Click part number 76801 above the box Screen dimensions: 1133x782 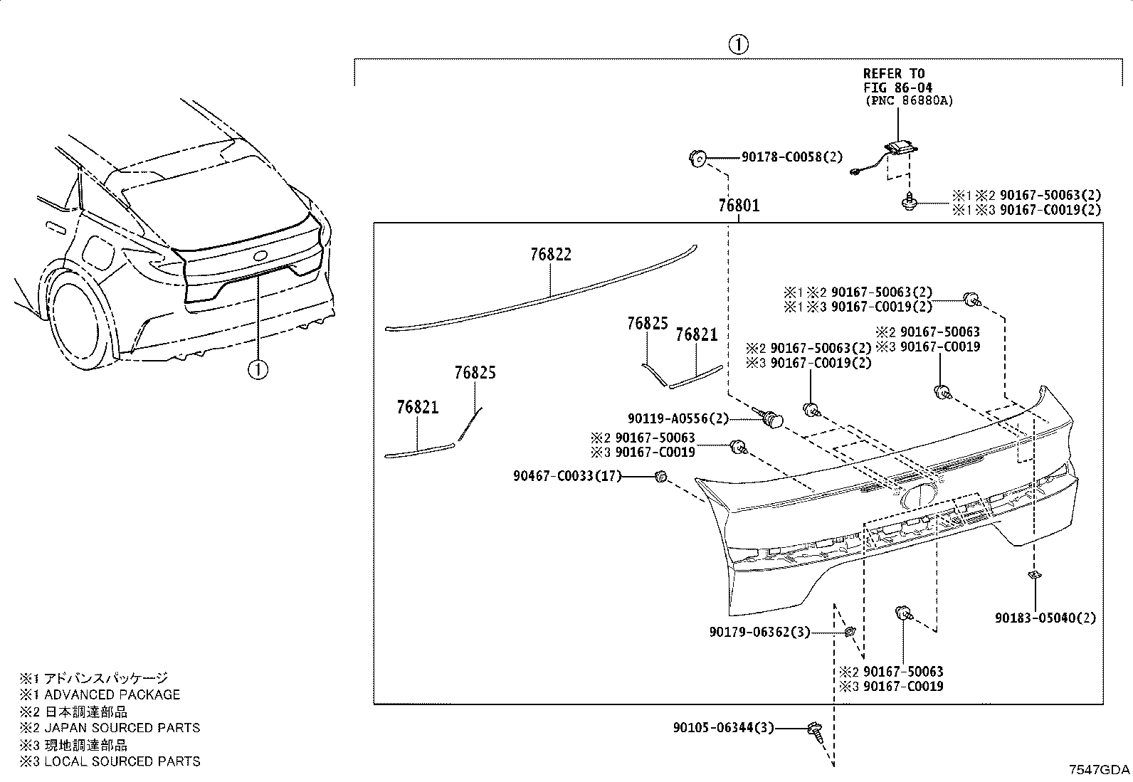pos(739,206)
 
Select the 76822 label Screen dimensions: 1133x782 pos(551,254)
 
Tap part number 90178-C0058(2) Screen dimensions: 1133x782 pos(792,157)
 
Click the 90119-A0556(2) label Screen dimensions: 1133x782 pos(678,418)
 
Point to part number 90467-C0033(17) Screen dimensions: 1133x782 pos(567,476)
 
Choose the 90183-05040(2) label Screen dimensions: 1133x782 pos(1045,618)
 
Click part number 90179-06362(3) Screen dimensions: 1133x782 pos(759,632)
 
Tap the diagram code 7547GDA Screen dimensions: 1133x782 pos(1099,769)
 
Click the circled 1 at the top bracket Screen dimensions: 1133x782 pos(739,45)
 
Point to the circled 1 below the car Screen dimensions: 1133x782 pos(258,369)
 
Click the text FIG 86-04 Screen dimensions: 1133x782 pos(898,87)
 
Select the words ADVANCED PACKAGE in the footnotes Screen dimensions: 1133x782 pos(112,694)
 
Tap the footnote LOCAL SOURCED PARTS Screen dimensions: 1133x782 pos(122,761)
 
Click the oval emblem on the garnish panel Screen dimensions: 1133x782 pos(919,496)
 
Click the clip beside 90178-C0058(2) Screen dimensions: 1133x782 pos(697,159)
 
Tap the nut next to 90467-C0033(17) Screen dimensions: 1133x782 pos(660,477)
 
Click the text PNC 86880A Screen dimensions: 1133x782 pos(909,100)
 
